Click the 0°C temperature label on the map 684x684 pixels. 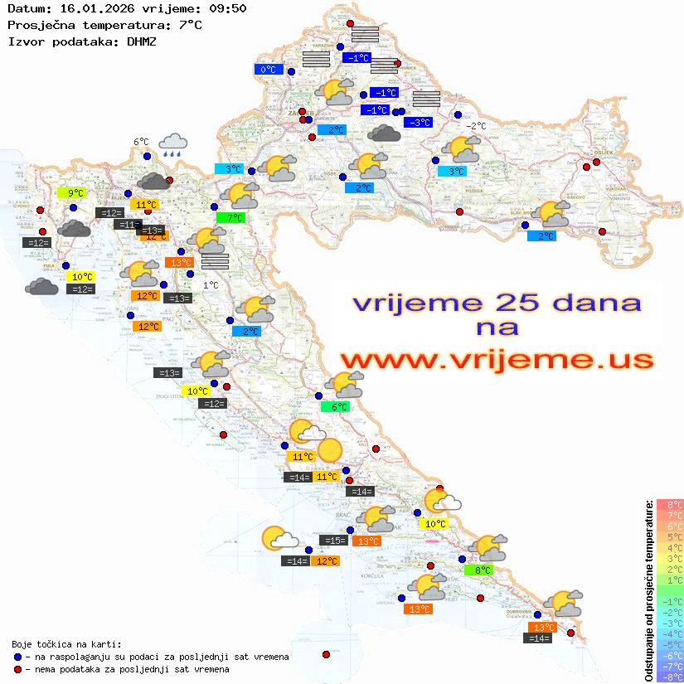coord(268,70)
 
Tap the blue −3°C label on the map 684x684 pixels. coord(418,123)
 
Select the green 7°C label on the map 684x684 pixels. coord(230,218)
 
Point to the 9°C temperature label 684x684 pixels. coord(71,193)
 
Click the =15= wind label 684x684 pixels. coord(333,541)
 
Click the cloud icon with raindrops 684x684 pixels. coord(172,145)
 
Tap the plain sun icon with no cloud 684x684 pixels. coord(329,450)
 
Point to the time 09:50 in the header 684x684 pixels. coord(226,8)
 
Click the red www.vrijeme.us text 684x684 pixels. coord(496,360)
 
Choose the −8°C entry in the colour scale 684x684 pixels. coord(670,677)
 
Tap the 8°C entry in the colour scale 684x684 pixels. coord(670,504)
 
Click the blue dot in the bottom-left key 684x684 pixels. coord(17,657)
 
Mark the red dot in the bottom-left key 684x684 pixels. coord(17,669)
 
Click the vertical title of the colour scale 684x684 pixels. coord(648,590)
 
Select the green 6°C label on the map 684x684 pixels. coord(338,407)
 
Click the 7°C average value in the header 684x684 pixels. coord(190,25)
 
